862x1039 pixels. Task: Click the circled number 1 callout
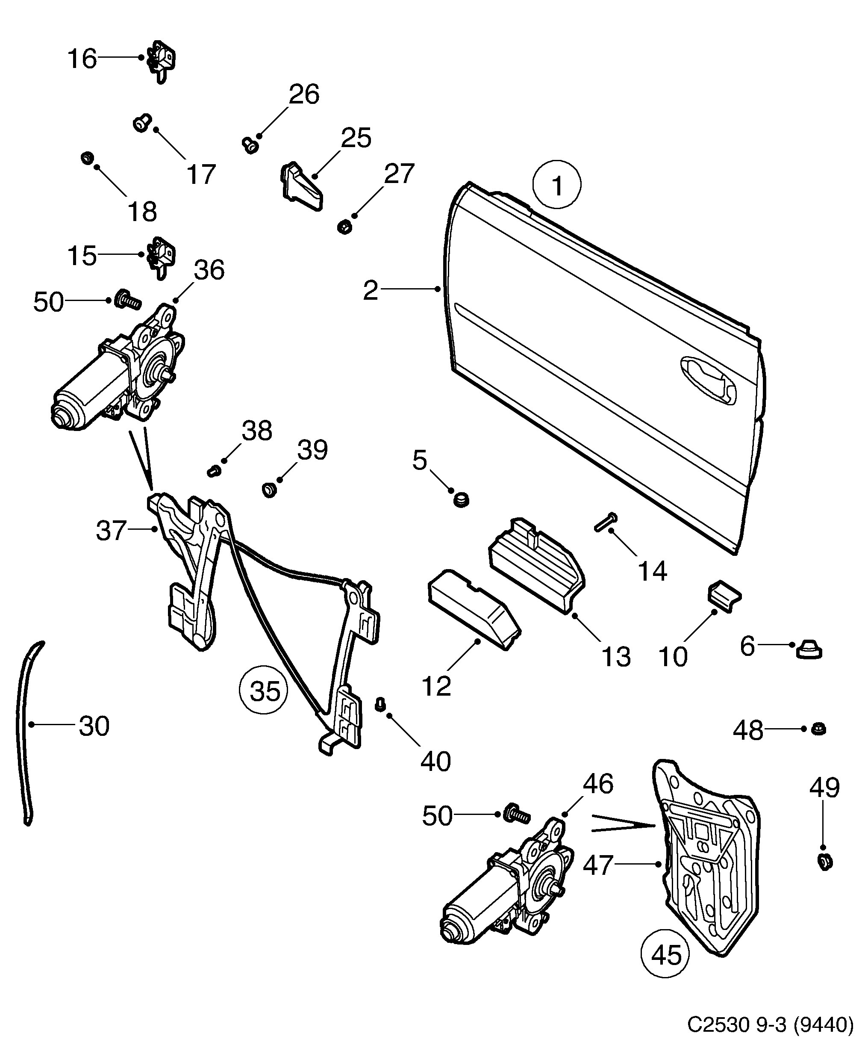coord(556,186)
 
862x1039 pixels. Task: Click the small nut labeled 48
coord(819,742)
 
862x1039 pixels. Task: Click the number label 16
coord(82,59)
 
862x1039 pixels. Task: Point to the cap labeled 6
coord(809,649)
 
